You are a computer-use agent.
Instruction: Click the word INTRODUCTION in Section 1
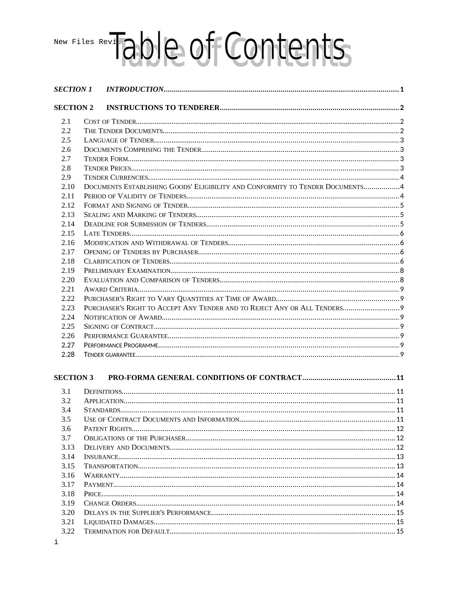click(135, 89)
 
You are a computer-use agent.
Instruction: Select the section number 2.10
click(68, 187)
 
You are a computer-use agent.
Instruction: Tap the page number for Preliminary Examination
click(402, 271)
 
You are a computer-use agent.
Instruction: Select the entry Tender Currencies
click(116, 177)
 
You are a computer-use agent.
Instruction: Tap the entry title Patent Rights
click(108, 429)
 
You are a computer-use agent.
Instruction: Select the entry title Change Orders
click(110, 503)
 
